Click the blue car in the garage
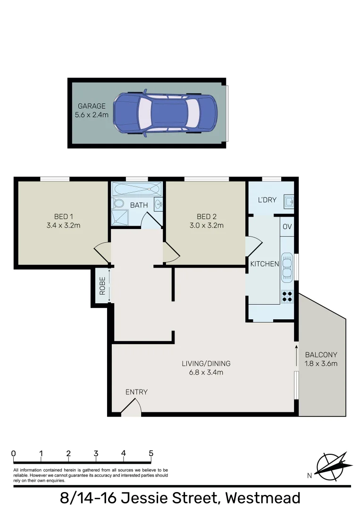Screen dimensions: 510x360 165,113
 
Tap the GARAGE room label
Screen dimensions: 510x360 92,106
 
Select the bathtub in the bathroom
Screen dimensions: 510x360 137,189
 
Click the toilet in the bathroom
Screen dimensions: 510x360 118,204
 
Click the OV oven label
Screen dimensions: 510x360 287,227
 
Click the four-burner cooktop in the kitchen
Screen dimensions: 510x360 287,296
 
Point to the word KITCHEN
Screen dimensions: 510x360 264,264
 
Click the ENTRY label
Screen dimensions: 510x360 136,392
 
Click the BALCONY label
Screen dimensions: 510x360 321,355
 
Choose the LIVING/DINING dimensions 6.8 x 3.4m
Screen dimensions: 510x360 206,372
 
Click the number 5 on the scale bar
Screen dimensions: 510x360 151,453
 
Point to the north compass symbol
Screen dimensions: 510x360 332,464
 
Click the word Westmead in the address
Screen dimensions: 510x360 263,498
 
